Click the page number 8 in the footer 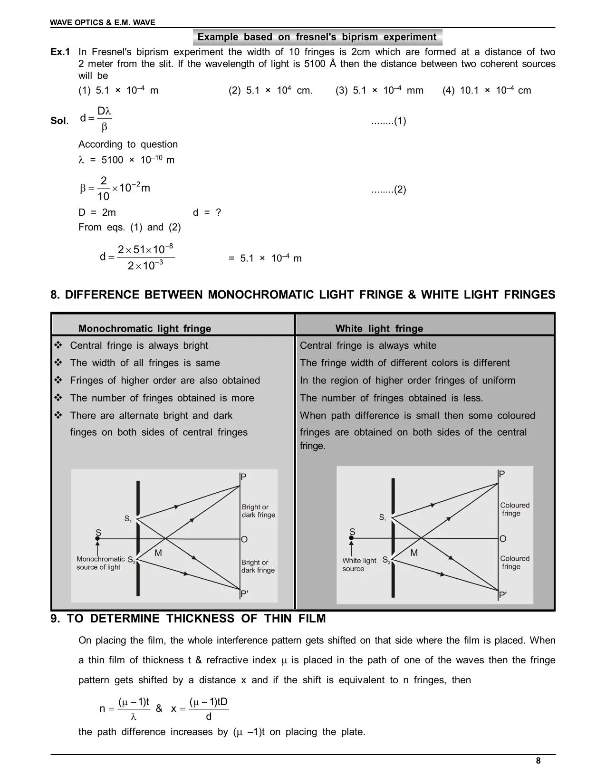(538, 761)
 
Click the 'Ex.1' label (60, 52)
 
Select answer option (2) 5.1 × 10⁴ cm (270, 90)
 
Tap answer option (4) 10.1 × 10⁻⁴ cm (487, 90)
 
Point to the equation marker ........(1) (388, 121)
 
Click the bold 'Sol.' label (59, 121)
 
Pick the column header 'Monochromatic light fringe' (144, 328)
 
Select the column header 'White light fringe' (379, 328)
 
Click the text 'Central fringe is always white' (368, 345)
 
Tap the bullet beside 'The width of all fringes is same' (58, 363)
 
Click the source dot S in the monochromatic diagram (97, 538)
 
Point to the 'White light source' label (359, 564)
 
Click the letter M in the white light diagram (414, 553)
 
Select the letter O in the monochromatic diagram (244, 539)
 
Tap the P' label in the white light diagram (503, 595)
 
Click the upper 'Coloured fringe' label (514, 509)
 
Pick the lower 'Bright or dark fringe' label (258, 566)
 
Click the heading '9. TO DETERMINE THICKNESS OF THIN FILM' (188, 619)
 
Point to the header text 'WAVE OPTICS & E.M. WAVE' (103, 22)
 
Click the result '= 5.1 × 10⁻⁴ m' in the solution (265, 258)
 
